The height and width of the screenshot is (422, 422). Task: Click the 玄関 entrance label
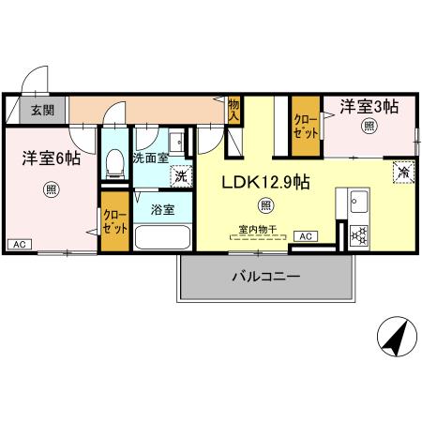coord(41,110)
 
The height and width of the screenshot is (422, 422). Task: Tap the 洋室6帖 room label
coord(51,159)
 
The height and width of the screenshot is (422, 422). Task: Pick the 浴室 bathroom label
coord(162,210)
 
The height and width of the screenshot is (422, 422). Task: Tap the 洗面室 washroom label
coord(150,158)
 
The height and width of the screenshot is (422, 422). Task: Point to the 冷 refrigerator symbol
coord(401,173)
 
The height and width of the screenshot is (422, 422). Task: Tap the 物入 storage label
coord(234,112)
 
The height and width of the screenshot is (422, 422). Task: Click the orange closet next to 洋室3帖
coord(305,126)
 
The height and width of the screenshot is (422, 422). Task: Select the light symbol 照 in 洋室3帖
coord(369,126)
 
